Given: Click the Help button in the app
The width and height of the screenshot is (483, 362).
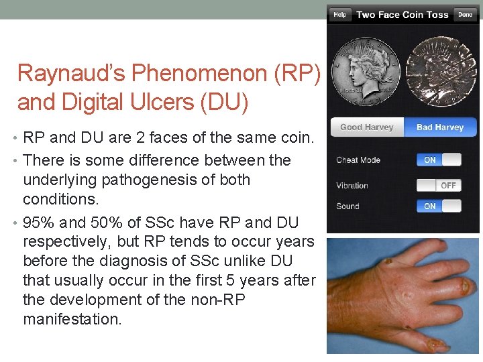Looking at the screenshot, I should pos(340,15).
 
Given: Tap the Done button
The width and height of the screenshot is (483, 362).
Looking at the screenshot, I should pos(465,15).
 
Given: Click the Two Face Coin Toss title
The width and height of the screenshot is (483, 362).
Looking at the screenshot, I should pos(402,15).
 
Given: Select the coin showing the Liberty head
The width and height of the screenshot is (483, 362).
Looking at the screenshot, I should pos(366,72).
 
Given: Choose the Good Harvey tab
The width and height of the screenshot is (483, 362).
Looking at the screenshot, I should pos(367,127).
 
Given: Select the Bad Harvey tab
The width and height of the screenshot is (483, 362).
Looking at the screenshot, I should pos(440,127).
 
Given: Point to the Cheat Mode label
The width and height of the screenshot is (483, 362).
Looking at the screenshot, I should pos(358,160).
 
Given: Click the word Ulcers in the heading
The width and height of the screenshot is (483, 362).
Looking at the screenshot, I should pos(168,103).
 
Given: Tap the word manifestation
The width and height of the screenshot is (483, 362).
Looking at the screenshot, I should pos(72,318).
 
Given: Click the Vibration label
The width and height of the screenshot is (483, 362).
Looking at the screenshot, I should pos(353,186).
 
